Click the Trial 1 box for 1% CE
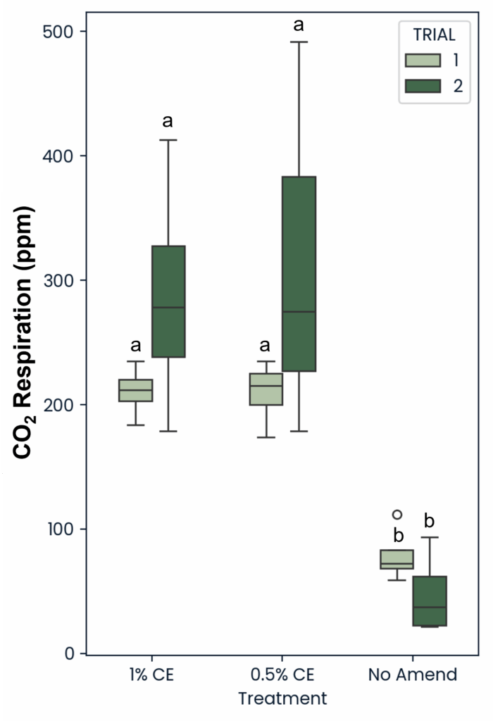(136, 390)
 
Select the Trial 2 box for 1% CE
(168, 301)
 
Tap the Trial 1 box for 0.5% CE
(266, 389)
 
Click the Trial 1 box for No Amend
(397, 559)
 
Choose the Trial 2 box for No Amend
(429, 601)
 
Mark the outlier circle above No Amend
(397, 515)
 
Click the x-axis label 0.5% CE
(282, 675)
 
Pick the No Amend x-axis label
(413, 675)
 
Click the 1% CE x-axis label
(152, 675)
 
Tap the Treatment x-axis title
(282, 698)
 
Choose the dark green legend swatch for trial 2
(423, 85)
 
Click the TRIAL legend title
(434, 34)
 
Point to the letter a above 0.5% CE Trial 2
(299, 25)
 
